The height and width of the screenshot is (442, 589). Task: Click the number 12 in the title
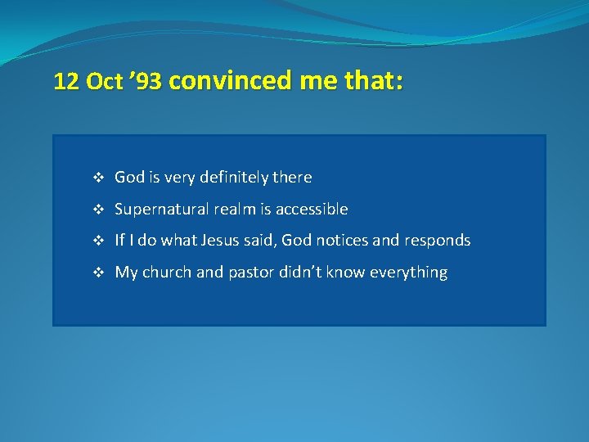[x=66, y=82]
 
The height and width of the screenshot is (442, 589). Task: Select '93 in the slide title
[x=148, y=82]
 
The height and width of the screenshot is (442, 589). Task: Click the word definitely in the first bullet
[x=234, y=178]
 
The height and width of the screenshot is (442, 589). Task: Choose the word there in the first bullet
[x=293, y=177]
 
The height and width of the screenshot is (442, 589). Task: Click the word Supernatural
[x=160, y=210]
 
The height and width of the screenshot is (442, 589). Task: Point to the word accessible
[x=312, y=209]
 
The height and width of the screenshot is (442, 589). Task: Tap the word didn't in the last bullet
[x=299, y=273]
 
